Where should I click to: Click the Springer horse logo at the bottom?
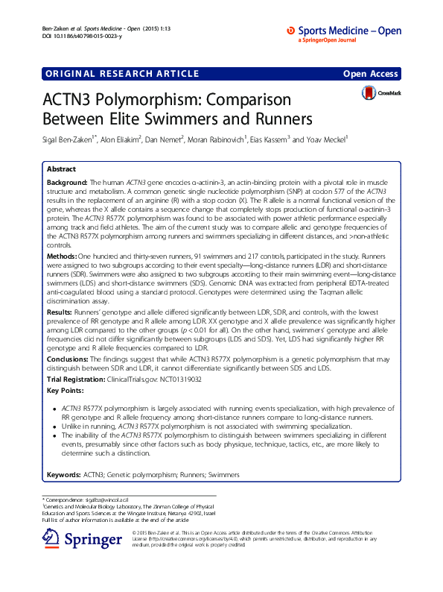click(51, 539)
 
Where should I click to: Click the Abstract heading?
click(61, 169)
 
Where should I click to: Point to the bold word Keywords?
click(64, 475)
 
